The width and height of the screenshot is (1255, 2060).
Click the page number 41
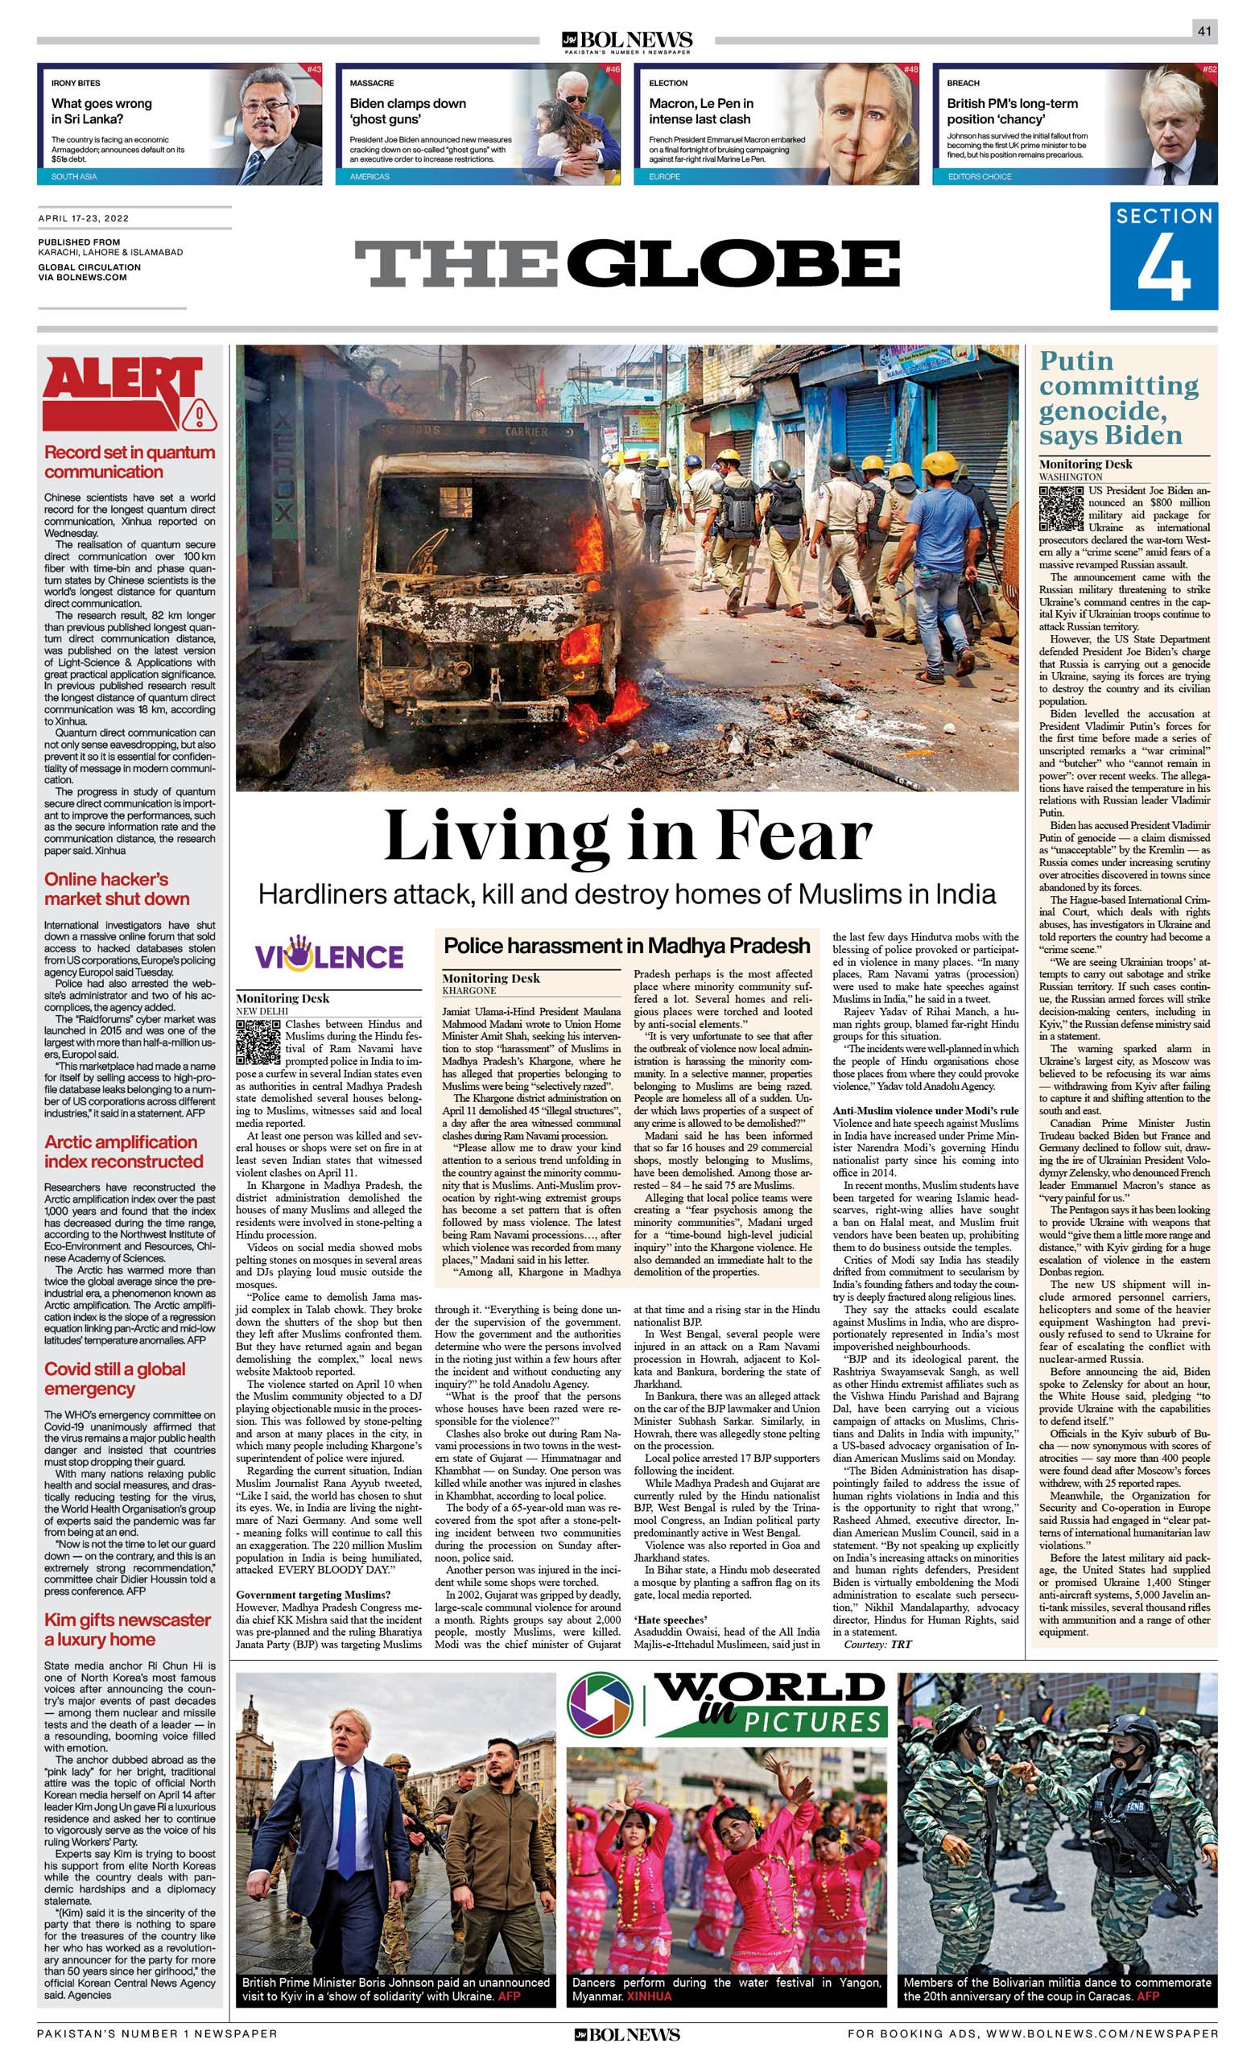coord(1204,31)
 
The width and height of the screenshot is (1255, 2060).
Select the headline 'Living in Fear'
coord(628,836)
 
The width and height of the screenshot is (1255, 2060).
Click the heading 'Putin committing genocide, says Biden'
coord(1119,398)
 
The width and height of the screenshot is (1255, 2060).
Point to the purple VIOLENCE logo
coord(329,956)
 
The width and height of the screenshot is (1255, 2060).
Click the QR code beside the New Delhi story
coord(258,1042)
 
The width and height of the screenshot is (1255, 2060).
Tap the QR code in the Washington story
coord(1061,507)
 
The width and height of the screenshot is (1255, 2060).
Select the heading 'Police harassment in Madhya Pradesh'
coord(627,946)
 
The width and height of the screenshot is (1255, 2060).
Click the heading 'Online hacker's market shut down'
coord(117,889)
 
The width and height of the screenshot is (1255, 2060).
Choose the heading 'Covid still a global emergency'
coord(114,1379)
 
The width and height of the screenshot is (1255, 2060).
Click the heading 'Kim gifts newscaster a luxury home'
coord(127,1629)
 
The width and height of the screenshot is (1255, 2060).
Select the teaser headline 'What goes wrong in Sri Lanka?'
coord(101,111)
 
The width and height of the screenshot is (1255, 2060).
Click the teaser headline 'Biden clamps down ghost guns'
coord(407,111)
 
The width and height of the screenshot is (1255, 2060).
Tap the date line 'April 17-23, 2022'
coord(84,219)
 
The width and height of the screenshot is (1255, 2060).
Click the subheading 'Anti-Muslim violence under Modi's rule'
coord(925,1110)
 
